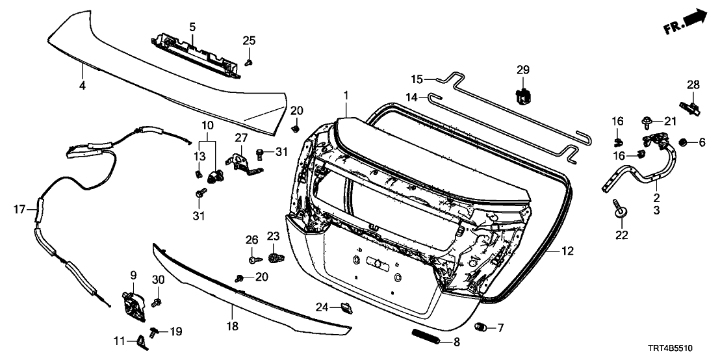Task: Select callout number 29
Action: [x=523, y=70]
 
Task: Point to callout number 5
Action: [x=192, y=27]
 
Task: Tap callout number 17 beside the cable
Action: [x=19, y=209]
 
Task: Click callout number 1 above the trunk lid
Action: [x=346, y=96]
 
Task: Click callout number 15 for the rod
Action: [x=417, y=79]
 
